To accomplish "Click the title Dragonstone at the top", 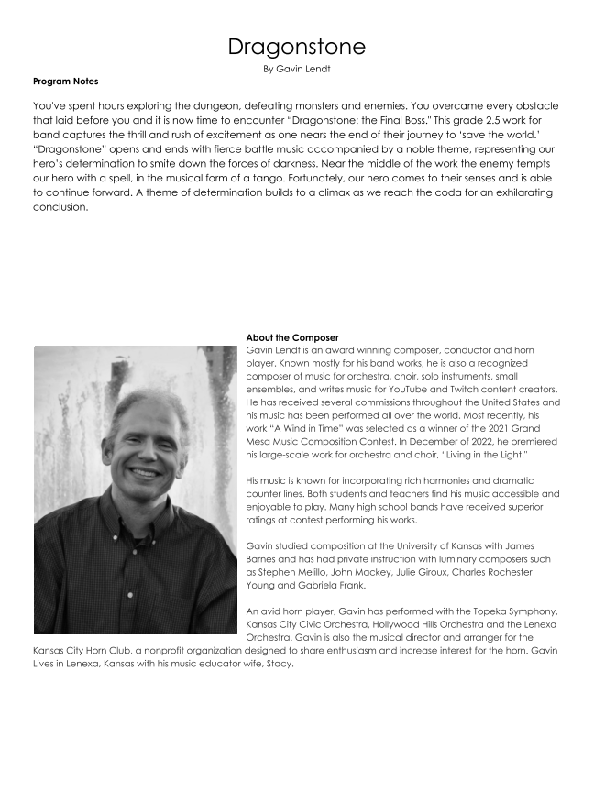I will tap(296, 46).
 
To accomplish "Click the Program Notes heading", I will tap(65, 82).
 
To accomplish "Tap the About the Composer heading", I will tap(292, 337).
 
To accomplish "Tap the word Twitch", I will tap(483, 390).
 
